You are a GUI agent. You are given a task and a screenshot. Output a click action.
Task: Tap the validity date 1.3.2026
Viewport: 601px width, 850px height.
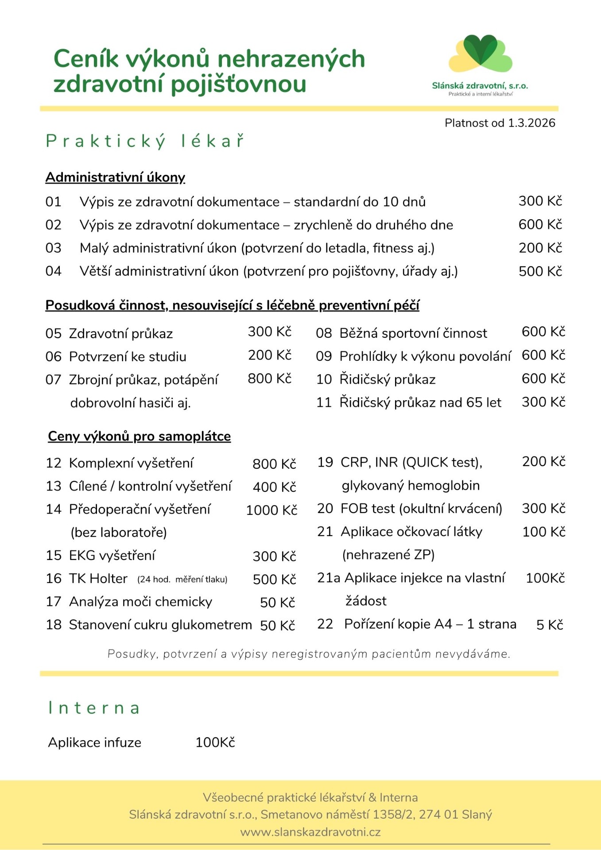(531, 123)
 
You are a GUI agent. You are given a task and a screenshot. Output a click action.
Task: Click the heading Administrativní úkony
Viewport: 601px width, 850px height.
(115, 177)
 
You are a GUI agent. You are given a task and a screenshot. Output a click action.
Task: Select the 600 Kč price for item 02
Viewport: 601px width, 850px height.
(540, 224)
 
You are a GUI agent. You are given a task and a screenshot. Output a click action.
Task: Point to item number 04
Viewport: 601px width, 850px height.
(53, 271)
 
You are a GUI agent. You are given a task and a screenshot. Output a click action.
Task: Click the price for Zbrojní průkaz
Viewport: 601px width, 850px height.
(269, 379)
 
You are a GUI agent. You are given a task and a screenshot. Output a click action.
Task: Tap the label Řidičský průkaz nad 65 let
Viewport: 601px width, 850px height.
(420, 402)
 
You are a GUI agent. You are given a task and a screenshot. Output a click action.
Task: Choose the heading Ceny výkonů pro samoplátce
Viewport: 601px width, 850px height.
(139, 436)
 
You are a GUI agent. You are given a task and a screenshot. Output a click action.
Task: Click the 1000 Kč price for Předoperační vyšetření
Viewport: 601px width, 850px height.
(271, 510)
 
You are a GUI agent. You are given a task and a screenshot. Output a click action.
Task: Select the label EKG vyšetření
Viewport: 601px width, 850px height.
(112, 555)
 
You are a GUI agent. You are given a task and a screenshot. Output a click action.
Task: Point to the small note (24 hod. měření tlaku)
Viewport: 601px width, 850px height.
(182, 580)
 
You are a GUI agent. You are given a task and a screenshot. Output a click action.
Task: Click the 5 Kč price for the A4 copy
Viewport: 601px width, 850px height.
(549, 625)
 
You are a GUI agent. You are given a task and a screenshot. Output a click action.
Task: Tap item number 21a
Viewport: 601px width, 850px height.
(328, 578)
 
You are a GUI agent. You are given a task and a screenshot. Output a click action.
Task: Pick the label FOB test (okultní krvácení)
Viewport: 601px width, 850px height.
(421, 508)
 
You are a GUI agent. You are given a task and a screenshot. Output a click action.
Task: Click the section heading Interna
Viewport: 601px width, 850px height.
(94, 707)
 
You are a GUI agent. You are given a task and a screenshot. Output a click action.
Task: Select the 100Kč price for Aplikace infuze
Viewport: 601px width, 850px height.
(215, 742)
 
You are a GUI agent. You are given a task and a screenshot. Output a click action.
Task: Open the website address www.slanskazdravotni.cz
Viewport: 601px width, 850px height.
(310, 832)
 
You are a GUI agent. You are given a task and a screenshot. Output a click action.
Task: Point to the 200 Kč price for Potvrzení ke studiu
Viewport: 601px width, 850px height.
(269, 355)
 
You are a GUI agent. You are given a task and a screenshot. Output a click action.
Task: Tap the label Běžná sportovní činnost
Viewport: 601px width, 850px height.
(413, 333)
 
